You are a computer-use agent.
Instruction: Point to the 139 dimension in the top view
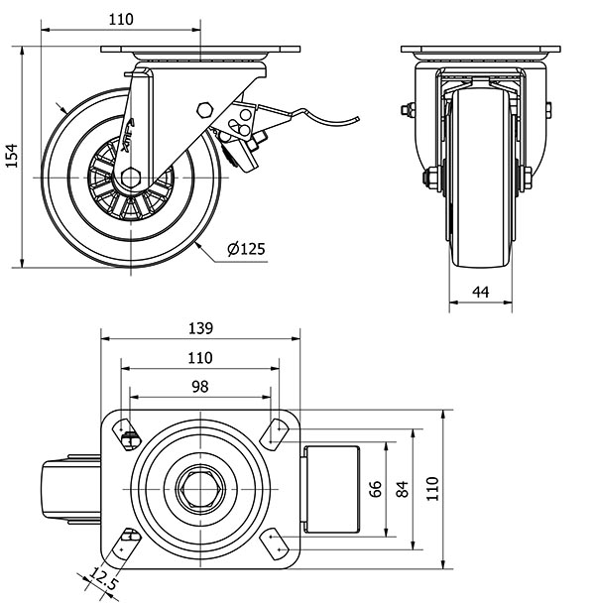tap(200, 328)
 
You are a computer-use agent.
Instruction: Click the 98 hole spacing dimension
tap(200, 387)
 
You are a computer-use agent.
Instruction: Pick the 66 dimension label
tap(375, 490)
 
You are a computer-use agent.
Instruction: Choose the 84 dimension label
tap(402, 490)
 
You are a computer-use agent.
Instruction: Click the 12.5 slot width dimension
tap(105, 577)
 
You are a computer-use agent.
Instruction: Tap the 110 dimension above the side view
tap(121, 19)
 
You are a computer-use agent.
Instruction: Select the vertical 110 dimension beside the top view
tap(431, 490)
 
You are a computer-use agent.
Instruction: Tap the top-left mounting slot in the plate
tap(128, 431)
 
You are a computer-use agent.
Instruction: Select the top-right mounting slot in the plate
tap(273, 431)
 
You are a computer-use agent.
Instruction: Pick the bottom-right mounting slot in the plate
tap(273, 544)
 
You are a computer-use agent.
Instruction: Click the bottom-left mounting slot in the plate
tap(128, 543)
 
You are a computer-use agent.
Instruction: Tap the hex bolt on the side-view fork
tap(205, 110)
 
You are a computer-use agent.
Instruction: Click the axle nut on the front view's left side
tap(430, 180)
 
